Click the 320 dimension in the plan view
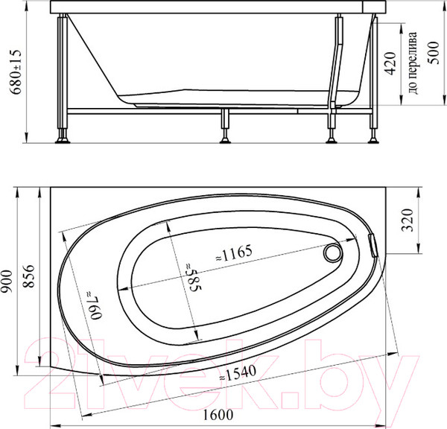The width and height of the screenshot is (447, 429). click(407, 221)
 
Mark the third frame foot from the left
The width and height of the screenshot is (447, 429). click(330, 136)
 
